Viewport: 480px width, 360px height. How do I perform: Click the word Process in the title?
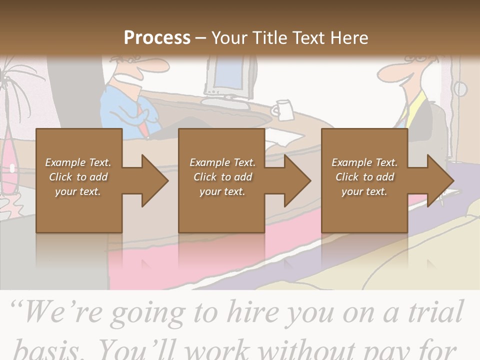157,37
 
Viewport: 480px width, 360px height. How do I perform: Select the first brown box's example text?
78,177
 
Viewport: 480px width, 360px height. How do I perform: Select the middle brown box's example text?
222,177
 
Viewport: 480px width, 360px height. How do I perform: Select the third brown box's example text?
364,177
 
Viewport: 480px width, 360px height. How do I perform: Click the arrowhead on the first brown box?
152,180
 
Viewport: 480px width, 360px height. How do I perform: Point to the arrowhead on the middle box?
295,180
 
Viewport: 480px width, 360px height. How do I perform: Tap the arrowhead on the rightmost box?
438,180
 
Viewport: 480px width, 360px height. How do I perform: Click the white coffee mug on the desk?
283,110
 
